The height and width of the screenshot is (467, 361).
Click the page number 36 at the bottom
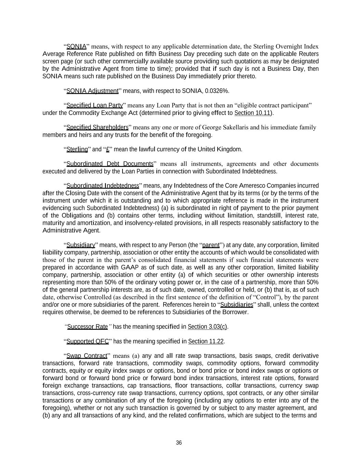pyautogui.click(x=179, y=443)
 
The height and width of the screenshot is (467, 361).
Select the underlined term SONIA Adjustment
pyautogui.click(x=92, y=91)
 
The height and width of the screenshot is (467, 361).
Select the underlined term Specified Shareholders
pyautogui.click(x=97, y=128)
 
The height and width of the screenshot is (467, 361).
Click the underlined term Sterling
pyautogui.click(x=77, y=150)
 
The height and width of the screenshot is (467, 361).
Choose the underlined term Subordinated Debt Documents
pyautogui.click(x=110, y=164)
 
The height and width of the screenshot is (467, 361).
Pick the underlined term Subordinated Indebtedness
pyautogui.click(x=103, y=186)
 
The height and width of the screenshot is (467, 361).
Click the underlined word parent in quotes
pyautogui.click(x=211, y=245)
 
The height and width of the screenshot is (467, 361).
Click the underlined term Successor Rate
pyautogui.click(x=88, y=327)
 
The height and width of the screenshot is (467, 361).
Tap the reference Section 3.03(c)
pyautogui.click(x=207, y=327)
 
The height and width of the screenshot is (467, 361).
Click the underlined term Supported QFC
pyautogui.click(x=88, y=341)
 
